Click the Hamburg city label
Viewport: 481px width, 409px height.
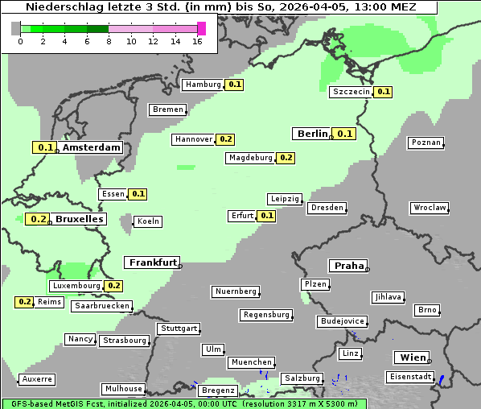click(202, 85)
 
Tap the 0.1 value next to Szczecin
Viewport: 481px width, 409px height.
click(384, 92)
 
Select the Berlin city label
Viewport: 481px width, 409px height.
click(312, 134)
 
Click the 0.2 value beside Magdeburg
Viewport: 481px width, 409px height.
click(286, 158)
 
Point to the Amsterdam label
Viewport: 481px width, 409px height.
click(91, 147)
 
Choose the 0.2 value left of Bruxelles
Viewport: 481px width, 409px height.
click(38, 219)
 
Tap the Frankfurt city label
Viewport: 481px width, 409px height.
click(153, 262)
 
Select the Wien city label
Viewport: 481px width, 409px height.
click(412, 357)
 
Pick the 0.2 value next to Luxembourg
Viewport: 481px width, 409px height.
click(113, 286)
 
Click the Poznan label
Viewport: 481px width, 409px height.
click(425, 143)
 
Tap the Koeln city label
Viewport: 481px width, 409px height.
click(148, 221)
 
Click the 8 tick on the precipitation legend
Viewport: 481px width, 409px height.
click(109, 41)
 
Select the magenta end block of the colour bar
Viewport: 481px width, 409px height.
click(201, 28)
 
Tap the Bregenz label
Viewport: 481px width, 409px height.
click(217, 390)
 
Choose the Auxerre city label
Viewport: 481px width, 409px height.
click(37, 378)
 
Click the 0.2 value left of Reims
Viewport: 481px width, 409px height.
click(25, 302)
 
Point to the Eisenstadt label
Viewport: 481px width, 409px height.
click(409, 377)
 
